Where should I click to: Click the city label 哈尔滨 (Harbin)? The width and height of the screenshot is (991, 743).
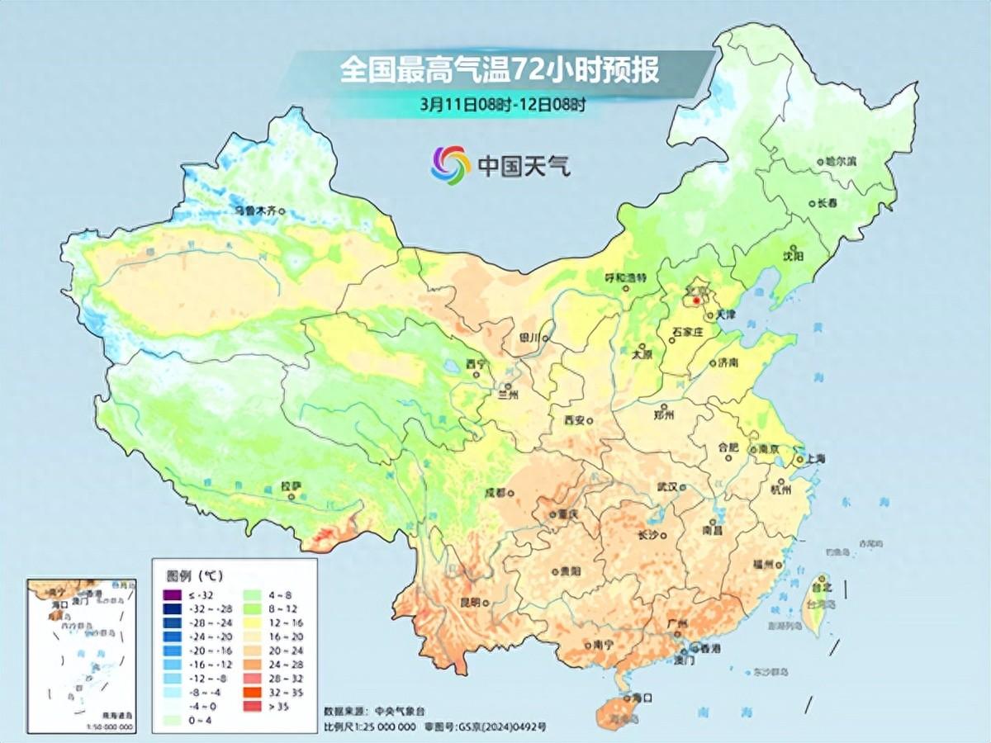pos(841,162)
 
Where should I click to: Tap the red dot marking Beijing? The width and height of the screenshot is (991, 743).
pos(695,301)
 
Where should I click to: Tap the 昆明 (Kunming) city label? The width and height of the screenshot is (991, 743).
pos(470,603)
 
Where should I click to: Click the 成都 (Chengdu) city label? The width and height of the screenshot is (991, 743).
pos(495,493)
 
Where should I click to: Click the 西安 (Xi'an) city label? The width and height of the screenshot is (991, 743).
pos(574,420)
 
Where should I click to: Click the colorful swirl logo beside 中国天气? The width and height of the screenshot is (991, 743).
pos(450,164)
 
